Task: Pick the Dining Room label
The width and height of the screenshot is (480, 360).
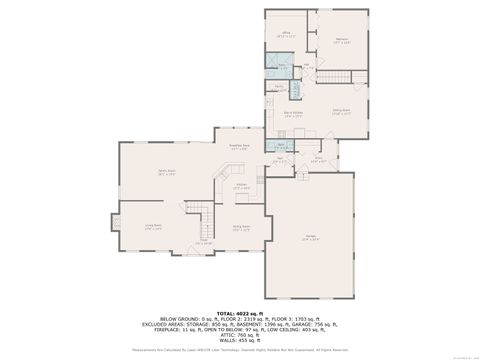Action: click(x=241, y=227)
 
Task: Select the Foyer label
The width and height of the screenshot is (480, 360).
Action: click(x=203, y=241)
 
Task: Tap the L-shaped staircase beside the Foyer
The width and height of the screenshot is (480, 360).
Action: click(x=203, y=215)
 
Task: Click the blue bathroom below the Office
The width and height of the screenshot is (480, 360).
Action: click(x=286, y=70)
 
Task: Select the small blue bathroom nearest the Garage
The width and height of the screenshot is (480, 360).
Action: click(x=282, y=146)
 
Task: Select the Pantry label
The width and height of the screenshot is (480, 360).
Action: click(x=282, y=88)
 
